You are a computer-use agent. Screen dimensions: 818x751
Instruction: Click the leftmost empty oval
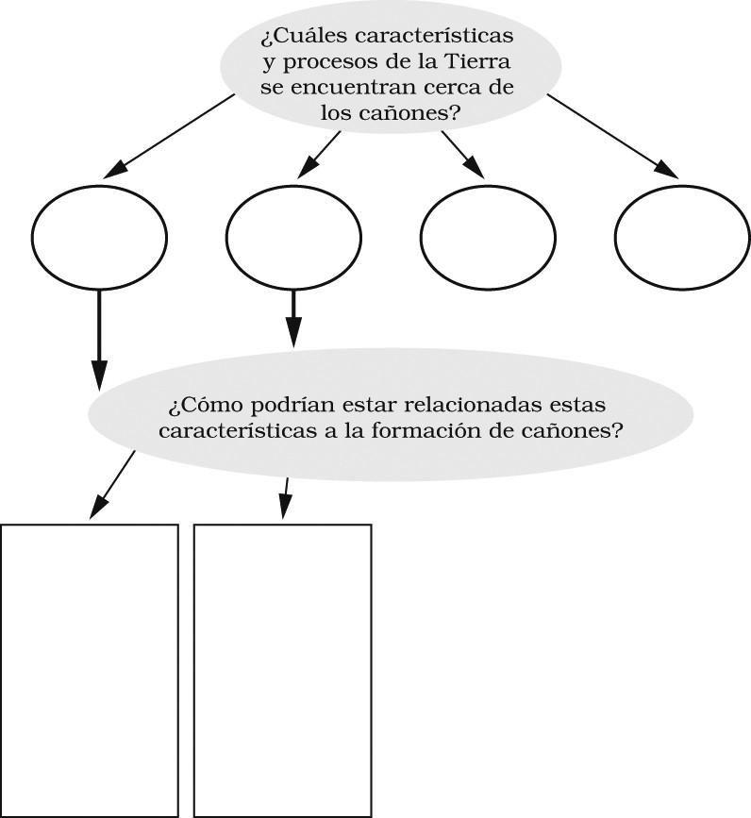click(x=99, y=234)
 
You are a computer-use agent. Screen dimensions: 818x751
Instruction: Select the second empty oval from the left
click(x=293, y=234)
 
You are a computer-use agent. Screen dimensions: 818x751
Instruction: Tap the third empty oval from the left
click(x=488, y=234)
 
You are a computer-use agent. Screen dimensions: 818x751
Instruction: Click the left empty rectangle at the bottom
click(x=90, y=670)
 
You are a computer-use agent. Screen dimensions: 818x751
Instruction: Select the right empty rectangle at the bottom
click(x=282, y=670)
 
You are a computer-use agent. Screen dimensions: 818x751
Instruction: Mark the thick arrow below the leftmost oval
click(x=99, y=340)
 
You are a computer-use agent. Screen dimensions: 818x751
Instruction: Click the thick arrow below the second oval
click(x=293, y=319)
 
